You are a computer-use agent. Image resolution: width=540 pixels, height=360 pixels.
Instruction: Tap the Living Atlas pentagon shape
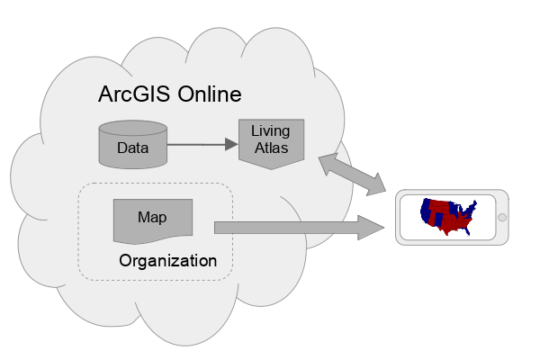(270, 140)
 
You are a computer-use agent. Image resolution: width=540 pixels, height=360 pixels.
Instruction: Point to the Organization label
(168, 261)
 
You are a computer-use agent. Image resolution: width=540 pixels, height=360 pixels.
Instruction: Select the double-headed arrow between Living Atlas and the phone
(352, 173)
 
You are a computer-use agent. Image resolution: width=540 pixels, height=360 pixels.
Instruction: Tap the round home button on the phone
(502, 217)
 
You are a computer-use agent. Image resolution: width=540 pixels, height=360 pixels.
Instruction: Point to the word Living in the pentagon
(270, 131)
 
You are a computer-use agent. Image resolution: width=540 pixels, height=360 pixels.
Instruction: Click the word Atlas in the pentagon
(270, 148)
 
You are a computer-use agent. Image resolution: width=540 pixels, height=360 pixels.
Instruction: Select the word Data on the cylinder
(131, 148)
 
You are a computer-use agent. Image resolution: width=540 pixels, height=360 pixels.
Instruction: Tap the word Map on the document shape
(152, 217)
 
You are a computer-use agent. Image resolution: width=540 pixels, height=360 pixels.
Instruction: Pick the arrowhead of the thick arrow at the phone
(373, 228)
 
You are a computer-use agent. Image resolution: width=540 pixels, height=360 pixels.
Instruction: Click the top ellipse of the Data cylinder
(131, 129)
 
